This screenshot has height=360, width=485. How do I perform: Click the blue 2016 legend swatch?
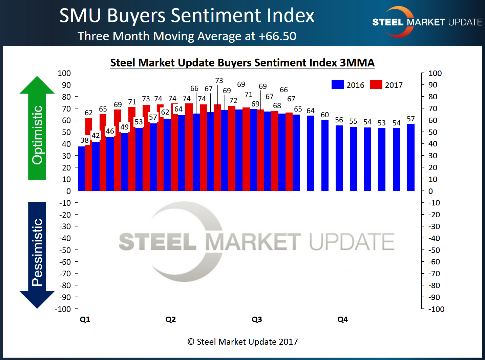click(338, 85)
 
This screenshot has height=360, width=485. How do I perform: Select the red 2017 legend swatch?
click(376, 85)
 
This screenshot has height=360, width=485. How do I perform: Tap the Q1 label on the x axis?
click(85, 319)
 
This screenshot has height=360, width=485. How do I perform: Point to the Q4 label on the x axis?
click(343, 319)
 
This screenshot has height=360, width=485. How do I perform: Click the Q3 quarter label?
click(257, 319)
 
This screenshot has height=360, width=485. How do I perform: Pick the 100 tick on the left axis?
click(64, 73)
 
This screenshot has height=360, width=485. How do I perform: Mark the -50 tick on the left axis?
click(65, 250)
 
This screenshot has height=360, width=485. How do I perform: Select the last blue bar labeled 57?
click(411, 158)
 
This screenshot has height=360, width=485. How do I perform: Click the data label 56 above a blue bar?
click(339, 120)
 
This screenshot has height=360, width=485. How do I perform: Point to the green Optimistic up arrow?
click(37, 129)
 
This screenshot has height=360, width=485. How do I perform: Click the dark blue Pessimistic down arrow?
click(37, 254)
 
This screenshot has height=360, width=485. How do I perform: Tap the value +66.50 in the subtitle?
click(277, 36)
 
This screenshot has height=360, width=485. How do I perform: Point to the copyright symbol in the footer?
click(191, 342)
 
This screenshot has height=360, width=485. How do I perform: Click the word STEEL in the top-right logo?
click(388, 22)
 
